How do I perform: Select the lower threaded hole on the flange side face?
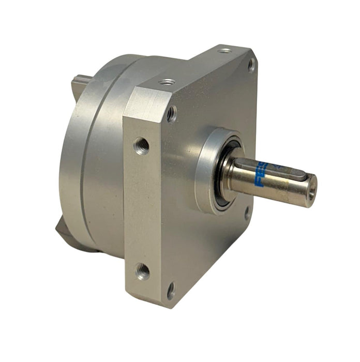pyautogui.click(x=142, y=270)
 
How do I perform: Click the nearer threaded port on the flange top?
pyautogui.click(x=167, y=82)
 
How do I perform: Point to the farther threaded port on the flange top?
pyautogui.click(x=224, y=51)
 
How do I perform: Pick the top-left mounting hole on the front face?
pyautogui.click(x=171, y=113)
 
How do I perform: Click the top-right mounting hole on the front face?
pyautogui.click(x=251, y=65)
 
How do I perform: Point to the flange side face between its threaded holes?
pyautogui.click(x=141, y=207)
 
